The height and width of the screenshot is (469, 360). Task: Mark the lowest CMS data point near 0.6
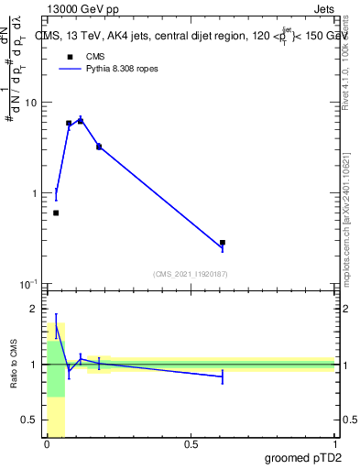pos(56,213)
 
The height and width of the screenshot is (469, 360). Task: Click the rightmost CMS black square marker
pos(223,243)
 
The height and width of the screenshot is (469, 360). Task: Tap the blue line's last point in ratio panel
pos(223,376)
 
